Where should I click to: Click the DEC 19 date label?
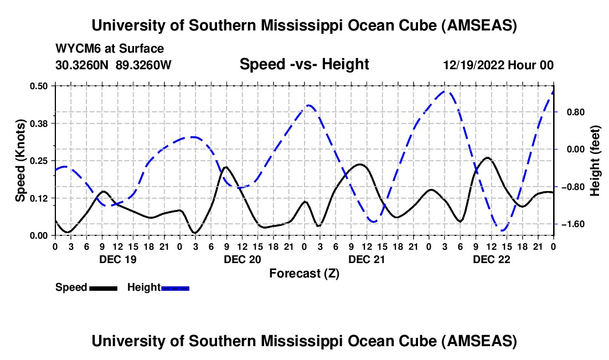pyautogui.click(x=116, y=259)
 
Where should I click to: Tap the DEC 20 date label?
pyautogui.click(x=241, y=259)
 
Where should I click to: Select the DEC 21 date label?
pyautogui.click(x=366, y=259)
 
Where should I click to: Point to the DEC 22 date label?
pyautogui.click(x=491, y=259)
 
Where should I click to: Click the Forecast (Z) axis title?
pyautogui.click(x=304, y=274)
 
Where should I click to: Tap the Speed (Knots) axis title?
pyautogui.click(x=20, y=161)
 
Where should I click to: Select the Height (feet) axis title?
pyautogui.click(x=596, y=161)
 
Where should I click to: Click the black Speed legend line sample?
pyautogui.click(x=103, y=287)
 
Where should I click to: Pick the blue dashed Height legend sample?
pyautogui.click(x=175, y=287)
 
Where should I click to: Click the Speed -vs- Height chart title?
pyautogui.click(x=304, y=64)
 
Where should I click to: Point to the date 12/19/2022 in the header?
pyautogui.click(x=473, y=65)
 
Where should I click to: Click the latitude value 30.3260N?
pyautogui.click(x=82, y=65)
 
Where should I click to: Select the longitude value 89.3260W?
pyautogui.click(x=143, y=65)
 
